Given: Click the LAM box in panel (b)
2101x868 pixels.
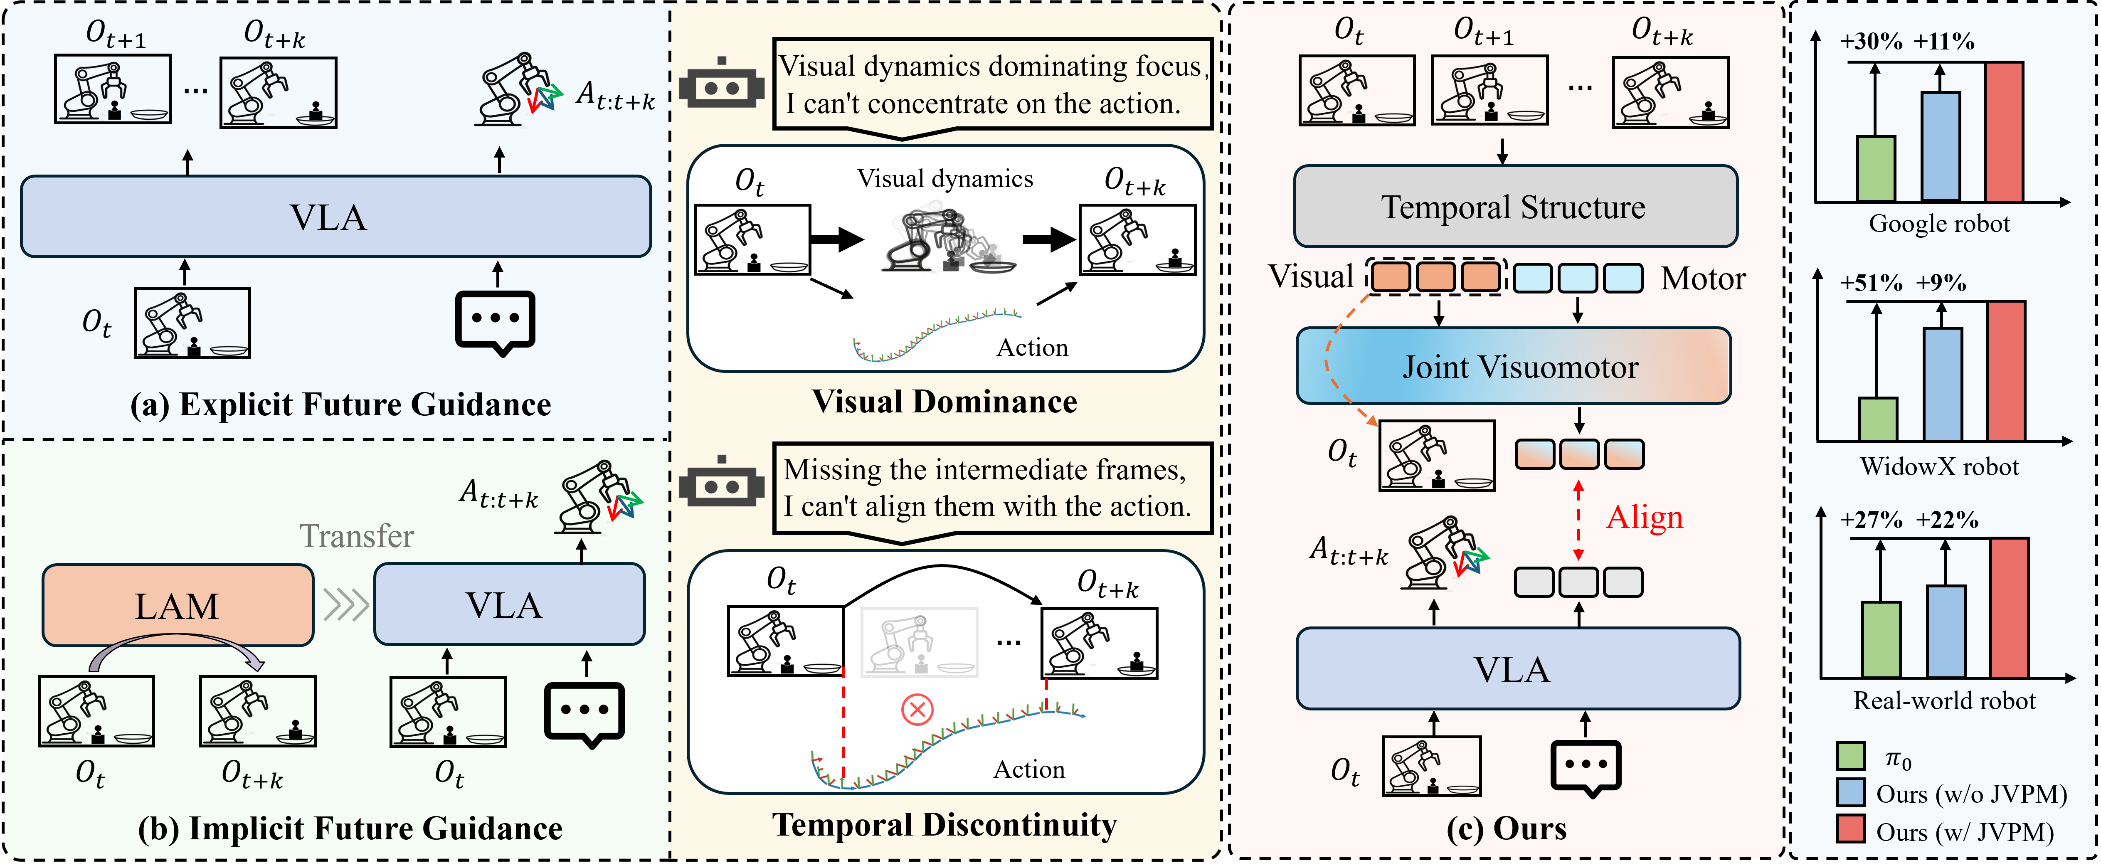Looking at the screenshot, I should (x=177, y=605).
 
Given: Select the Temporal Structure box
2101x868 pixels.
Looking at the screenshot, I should (x=1514, y=206).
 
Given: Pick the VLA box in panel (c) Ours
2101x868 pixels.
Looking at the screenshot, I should (x=1517, y=669).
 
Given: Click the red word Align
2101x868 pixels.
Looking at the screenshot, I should (x=1644, y=517).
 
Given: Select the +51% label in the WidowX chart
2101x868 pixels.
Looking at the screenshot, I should (x=1871, y=283).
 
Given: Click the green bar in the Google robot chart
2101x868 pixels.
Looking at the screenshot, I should (x=1875, y=169).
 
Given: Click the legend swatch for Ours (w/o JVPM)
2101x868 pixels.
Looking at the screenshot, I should (x=1851, y=792).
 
